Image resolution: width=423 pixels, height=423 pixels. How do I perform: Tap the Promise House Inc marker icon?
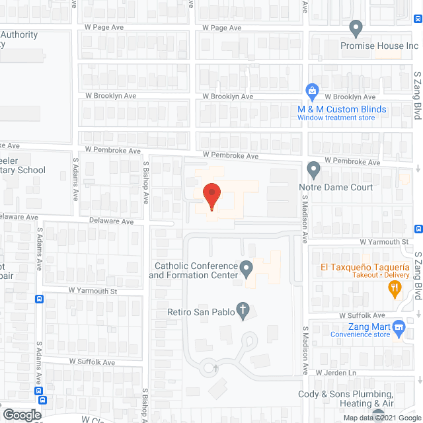[x=356, y=29]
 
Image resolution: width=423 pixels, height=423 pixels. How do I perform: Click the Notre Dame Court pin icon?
[x=314, y=171]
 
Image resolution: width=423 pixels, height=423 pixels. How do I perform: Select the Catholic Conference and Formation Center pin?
[x=246, y=269]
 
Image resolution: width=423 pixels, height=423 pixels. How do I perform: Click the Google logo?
[x=22, y=415]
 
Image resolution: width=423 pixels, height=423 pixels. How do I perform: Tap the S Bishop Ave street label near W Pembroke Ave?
[x=147, y=179]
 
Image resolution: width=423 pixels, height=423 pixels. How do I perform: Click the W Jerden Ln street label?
[x=336, y=373]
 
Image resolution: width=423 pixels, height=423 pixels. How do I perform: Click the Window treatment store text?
[x=336, y=118]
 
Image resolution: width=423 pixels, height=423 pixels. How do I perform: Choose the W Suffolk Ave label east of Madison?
[x=360, y=316]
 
